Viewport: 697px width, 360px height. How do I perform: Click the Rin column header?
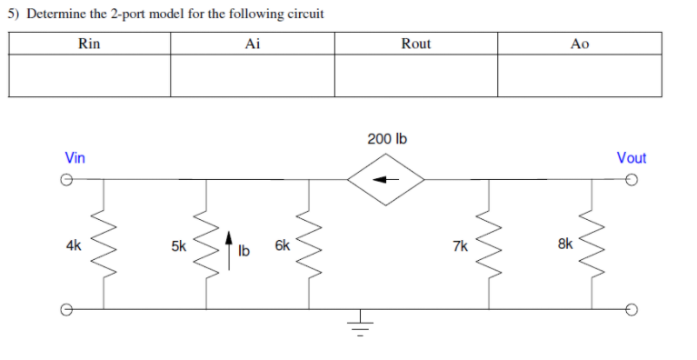[x=89, y=44]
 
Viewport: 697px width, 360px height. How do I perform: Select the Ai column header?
[x=253, y=44]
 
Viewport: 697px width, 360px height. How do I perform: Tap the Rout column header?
[x=416, y=44]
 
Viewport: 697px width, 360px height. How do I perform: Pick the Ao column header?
[x=580, y=44]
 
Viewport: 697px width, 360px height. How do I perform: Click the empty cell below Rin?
[x=89, y=75]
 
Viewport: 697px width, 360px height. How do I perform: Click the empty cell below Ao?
[x=580, y=75]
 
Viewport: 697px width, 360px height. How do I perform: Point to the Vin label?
[x=75, y=158]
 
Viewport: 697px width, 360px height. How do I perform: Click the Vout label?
[x=631, y=158]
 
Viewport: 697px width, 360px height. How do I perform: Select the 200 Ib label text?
[x=387, y=139]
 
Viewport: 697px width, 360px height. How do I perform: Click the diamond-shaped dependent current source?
[x=388, y=180]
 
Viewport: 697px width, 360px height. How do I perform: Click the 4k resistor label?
[x=74, y=245]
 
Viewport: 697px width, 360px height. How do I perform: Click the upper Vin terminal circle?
[x=65, y=180]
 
